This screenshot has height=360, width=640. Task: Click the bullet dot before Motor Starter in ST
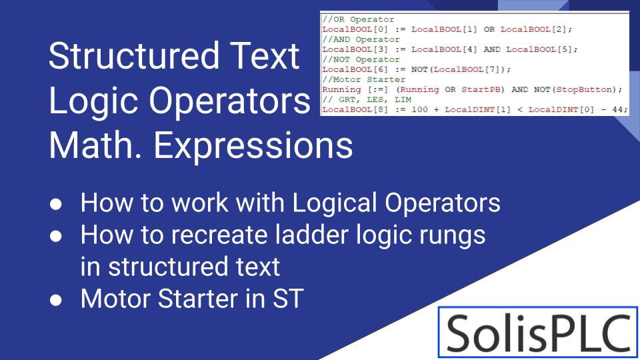[x=57, y=299]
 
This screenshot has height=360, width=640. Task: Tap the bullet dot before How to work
[x=57, y=203]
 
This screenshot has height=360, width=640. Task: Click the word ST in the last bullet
[x=288, y=299]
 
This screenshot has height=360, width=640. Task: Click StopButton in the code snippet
[x=584, y=89]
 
